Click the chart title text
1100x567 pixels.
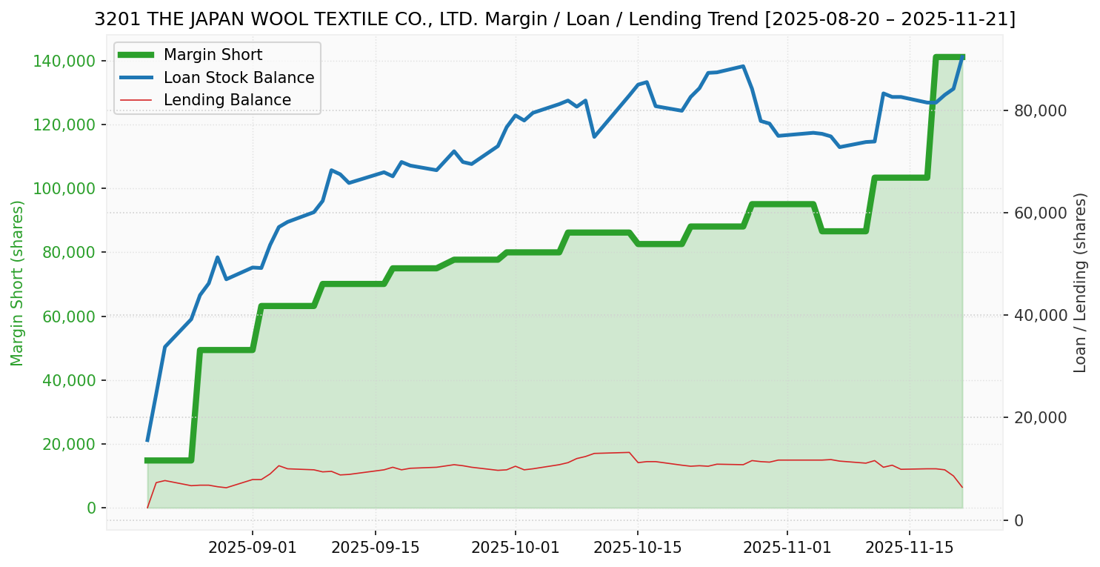click(554, 19)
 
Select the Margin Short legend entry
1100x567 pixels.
click(213, 55)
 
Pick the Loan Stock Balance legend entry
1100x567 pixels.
click(239, 78)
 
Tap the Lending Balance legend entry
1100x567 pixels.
click(227, 100)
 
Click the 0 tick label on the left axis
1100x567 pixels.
click(93, 508)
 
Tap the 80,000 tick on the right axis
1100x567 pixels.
click(1041, 110)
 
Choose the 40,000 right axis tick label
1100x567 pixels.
click(1041, 316)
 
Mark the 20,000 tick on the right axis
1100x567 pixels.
click(1041, 418)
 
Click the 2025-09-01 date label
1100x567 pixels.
click(252, 548)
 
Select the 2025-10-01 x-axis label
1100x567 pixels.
click(515, 548)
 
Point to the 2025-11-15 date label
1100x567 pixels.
click(909, 548)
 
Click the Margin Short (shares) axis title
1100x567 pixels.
click(18, 283)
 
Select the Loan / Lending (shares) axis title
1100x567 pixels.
click(1081, 283)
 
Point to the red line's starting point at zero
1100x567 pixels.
click(147, 508)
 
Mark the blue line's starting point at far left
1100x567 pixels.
click(147, 440)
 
